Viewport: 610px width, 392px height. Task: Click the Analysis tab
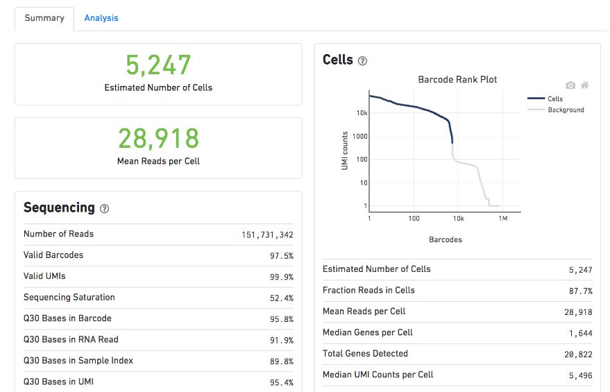[101, 18]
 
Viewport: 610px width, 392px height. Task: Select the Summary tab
[44, 18]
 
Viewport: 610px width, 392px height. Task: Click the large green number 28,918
[158, 139]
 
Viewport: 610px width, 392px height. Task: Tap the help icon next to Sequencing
[105, 209]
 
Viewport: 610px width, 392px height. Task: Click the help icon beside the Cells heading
[362, 61]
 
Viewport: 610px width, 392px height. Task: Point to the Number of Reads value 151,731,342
[267, 235]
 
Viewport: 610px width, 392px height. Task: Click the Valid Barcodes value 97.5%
[281, 256]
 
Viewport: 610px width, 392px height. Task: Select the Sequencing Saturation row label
[69, 297]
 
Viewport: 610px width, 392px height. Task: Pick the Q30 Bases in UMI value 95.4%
[281, 382]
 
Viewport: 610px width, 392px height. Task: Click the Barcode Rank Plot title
[457, 80]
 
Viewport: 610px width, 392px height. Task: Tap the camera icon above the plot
[570, 85]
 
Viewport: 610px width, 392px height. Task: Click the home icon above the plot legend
[585, 85]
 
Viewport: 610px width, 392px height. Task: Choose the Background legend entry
[566, 110]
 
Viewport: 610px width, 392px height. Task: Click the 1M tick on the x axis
[503, 219]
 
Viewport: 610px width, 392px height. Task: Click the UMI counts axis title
[345, 151]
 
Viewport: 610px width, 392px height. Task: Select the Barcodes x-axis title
[445, 239]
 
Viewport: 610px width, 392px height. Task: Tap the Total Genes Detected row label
[365, 353]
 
